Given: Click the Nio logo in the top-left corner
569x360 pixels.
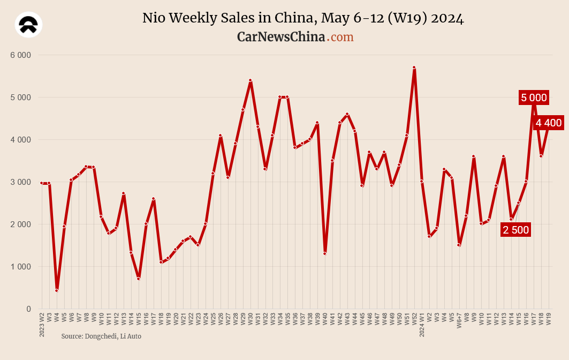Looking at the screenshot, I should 29,25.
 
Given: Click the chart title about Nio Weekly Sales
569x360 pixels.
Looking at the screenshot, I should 303,18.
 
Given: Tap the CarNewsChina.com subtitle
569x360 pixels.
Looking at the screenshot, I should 295,37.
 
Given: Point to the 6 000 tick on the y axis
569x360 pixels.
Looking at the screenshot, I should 21,55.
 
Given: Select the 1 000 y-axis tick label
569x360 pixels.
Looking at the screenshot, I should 21,267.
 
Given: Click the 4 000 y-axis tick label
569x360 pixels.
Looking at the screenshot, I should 21,140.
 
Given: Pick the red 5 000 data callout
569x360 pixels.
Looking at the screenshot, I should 534,97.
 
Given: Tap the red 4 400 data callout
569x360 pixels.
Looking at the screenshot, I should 549,123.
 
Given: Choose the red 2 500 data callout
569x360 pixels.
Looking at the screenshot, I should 515,230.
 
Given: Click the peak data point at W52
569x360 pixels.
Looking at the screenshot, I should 414,67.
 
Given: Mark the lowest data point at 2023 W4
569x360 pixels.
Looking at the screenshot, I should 57,290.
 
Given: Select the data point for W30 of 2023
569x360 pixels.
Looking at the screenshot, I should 250,80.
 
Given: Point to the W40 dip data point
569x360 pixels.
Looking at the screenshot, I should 325,253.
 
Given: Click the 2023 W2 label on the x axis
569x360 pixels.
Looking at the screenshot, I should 42,325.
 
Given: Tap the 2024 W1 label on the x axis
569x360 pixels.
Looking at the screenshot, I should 422,325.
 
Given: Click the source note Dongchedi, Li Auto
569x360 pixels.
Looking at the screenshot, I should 101,336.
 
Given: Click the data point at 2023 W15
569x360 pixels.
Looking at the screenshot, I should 139,279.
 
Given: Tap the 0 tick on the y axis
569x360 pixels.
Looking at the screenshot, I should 28,309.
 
